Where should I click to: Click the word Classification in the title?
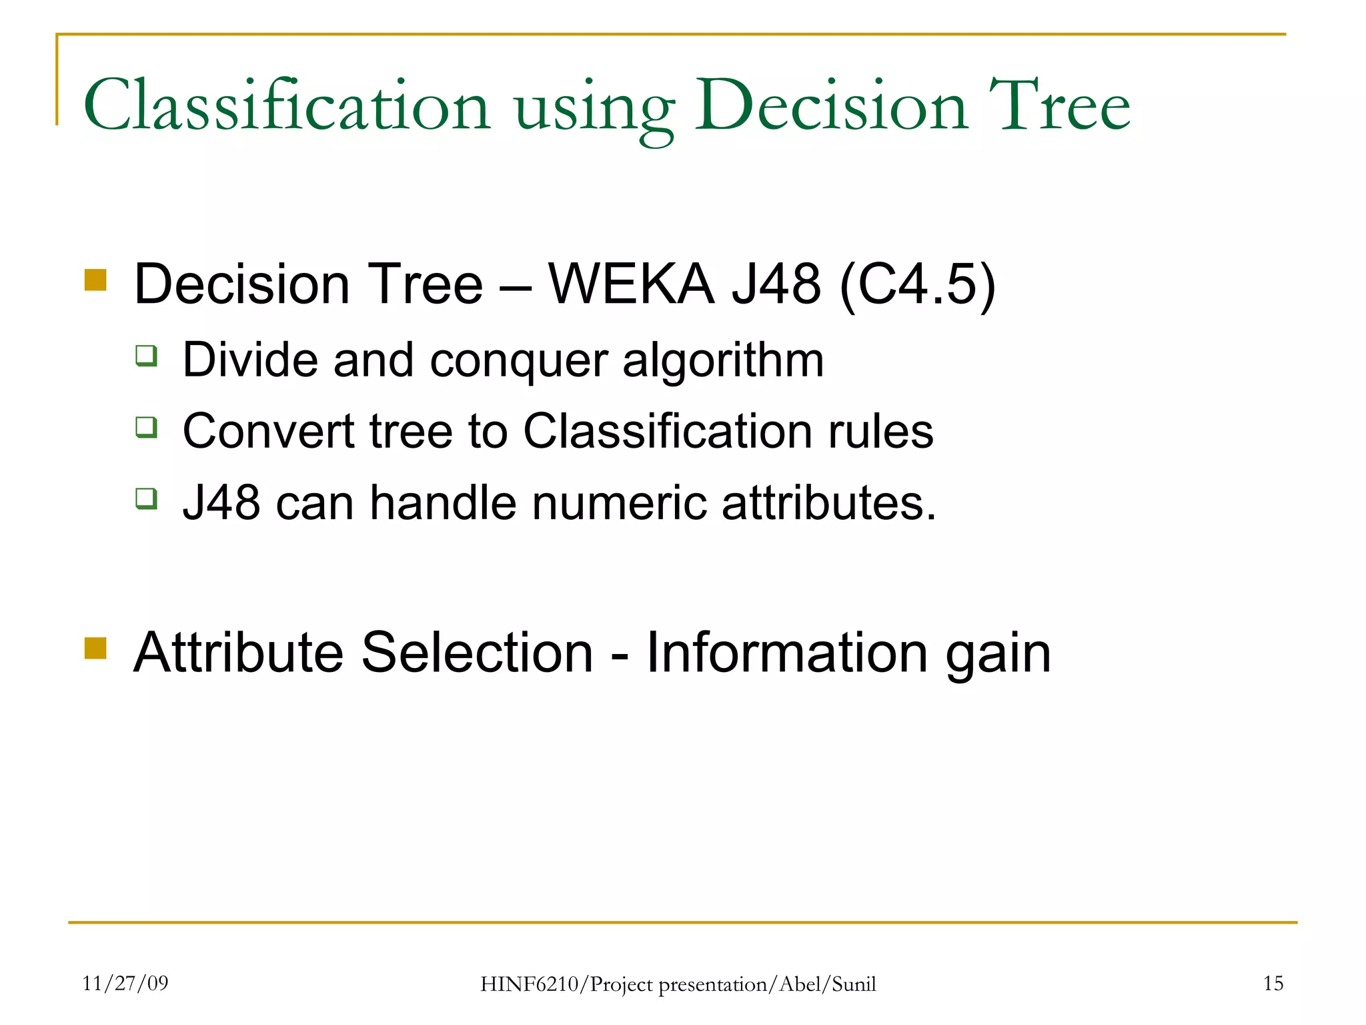click(x=287, y=105)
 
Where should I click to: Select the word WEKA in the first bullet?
click(x=631, y=284)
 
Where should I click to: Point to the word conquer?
click(x=519, y=361)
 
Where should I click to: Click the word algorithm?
click(x=723, y=361)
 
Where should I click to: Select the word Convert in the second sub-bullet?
click(x=267, y=431)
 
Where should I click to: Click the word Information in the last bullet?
click(x=787, y=653)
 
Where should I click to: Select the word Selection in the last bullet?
click(x=477, y=653)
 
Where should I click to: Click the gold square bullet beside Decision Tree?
click(x=96, y=280)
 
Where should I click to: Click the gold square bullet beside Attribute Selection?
click(x=96, y=648)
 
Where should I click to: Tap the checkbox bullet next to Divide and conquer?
click(x=146, y=356)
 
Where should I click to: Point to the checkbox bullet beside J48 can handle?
click(x=146, y=498)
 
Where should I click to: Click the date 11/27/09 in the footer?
click(x=125, y=983)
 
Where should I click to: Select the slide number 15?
click(x=1273, y=983)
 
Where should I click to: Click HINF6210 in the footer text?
click(x=530, y=984)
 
